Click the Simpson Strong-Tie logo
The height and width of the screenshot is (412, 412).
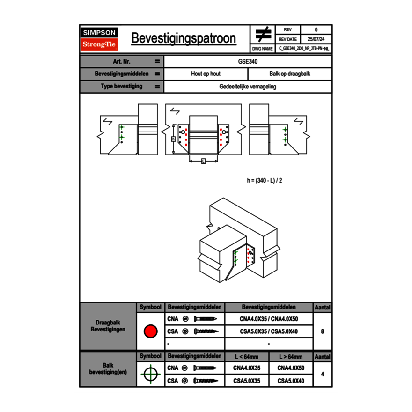click(x=99, y=39)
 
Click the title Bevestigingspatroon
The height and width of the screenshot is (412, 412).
click(x=184, y=38)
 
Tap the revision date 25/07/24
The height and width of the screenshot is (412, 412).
click(x=316, y=39)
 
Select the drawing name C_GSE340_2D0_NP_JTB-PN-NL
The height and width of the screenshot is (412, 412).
click(x=304, y=48)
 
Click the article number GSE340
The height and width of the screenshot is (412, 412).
click(x=248, y=61)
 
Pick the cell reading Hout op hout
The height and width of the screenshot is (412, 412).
click(x=206, y=74)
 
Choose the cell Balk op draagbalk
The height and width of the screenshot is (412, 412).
click(x=290, y=74)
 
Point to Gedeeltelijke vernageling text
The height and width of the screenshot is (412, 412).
click(x=248, y=87)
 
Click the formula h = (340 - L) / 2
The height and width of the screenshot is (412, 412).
click(x=265, y=180)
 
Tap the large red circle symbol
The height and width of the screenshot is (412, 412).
click(x=150, y=331)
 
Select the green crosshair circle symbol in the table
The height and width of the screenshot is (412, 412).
click(x=150, y=374)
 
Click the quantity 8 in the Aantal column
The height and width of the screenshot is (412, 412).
click(x=323, y=331)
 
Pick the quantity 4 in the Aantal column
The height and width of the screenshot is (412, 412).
click(x=323, y=374)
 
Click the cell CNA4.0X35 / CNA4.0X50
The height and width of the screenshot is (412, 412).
click(x=269, y=319)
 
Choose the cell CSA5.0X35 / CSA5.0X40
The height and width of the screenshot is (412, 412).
click(x=269, y=331)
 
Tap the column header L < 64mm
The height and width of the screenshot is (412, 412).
click(x=247, y=357)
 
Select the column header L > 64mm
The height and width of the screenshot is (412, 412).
click(x=291, y=357)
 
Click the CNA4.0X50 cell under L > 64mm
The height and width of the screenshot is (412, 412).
click(x=291, y=368)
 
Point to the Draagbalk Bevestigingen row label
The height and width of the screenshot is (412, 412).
click(x=108, y=326)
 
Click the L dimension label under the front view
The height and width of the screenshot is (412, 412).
click(x=203, y=161)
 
